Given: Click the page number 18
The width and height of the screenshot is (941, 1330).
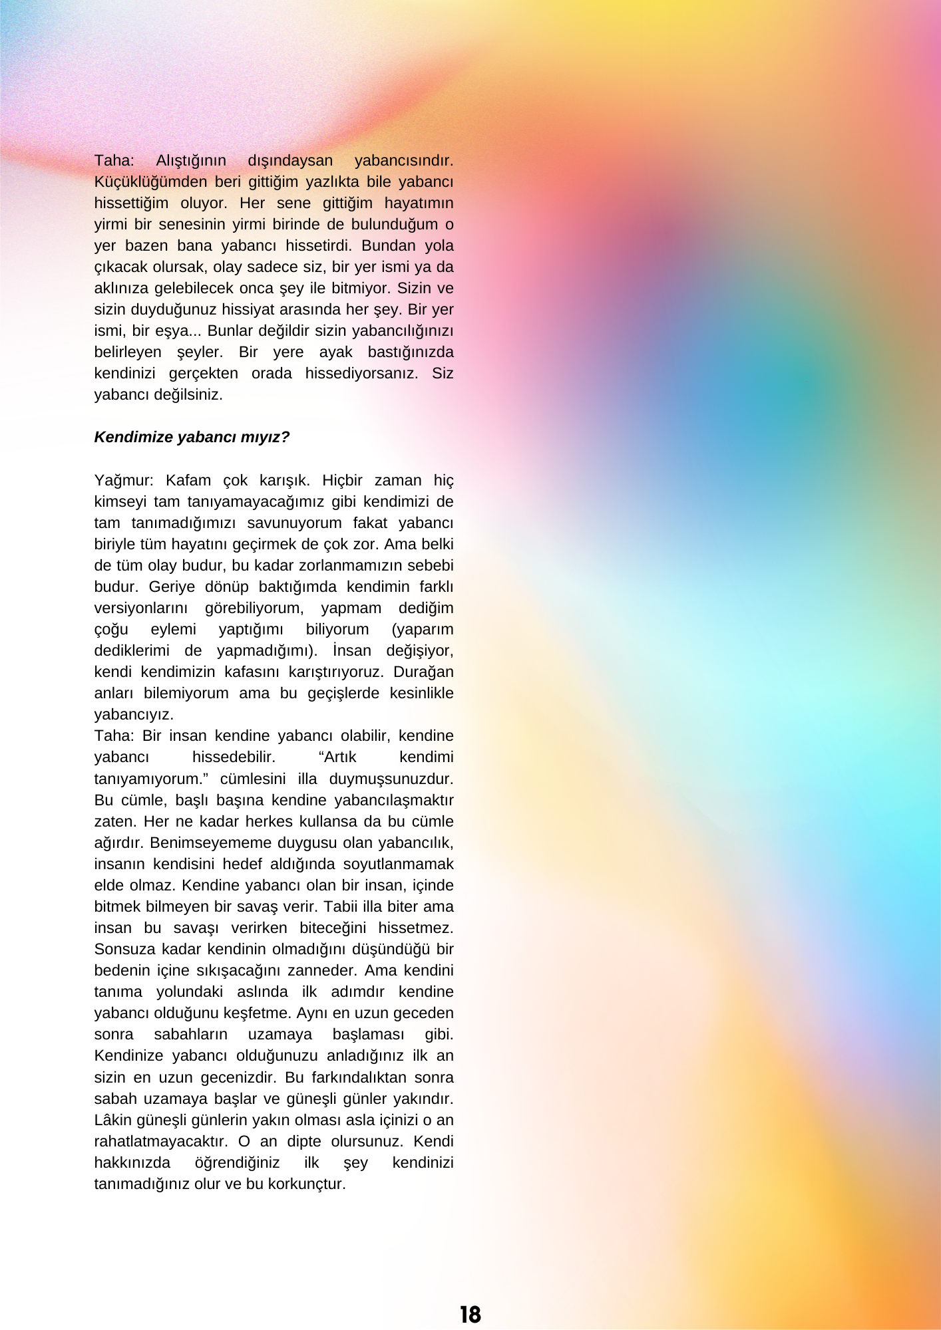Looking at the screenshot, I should (470, 1314).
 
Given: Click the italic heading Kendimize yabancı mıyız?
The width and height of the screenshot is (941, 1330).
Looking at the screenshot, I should (192, 437).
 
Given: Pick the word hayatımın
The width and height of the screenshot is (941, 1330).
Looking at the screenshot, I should (419, 203).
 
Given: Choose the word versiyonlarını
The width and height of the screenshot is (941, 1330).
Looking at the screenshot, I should (140, 608).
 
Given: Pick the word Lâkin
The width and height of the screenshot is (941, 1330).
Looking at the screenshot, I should (113, 1120).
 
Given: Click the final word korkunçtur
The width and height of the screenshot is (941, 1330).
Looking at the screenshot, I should (307, 1184).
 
